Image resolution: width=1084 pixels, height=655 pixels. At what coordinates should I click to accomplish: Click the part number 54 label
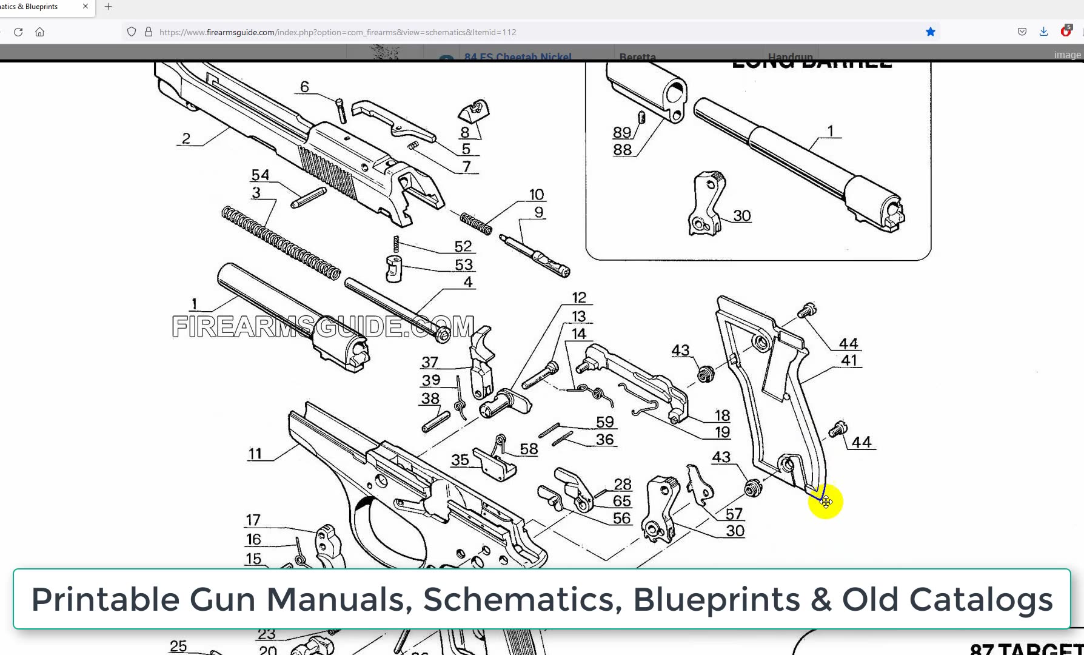pyautogui.click(x=260, y=175)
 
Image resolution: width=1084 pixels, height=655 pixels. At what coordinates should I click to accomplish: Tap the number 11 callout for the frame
pyautogui.click(x=255, y=454)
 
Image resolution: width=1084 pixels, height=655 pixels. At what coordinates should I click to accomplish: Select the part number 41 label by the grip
pyautogui.click(x=849, y=360)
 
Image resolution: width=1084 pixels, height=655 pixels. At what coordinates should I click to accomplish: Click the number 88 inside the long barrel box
pyautogui.click(x=622, y=149)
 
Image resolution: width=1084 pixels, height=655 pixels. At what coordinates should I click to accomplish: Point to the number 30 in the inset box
pyautogui.click(x=742, y=216)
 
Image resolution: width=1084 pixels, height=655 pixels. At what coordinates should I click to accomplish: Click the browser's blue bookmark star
pyautogui.click(x=930, y=32)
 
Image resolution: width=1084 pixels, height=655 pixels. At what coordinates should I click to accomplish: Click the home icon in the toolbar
pyautogui.click(x=40, y=32)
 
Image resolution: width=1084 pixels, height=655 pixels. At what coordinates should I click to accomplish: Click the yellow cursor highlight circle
pyautogui.click(x=825, y=502)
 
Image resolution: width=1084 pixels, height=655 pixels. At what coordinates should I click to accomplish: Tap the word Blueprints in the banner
pyautogui.click(x=717, y=599)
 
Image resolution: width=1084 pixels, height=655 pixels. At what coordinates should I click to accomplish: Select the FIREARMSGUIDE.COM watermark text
pyautogui.click(x=323, y=327)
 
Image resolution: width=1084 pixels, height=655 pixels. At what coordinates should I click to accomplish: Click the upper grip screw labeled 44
pyautogui.click(x=808, y=311)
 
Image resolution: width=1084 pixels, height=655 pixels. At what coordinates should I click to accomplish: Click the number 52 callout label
pyautogui.click(x=463, y=246)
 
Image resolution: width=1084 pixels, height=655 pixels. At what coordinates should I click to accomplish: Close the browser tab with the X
pyautogui.click(x=85, y=7)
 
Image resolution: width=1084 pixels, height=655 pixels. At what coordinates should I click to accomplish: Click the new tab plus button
pyautogui.click(x=108, y=7)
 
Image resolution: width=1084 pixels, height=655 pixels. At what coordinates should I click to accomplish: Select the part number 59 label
pyautogui.click(x=604, y=422)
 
